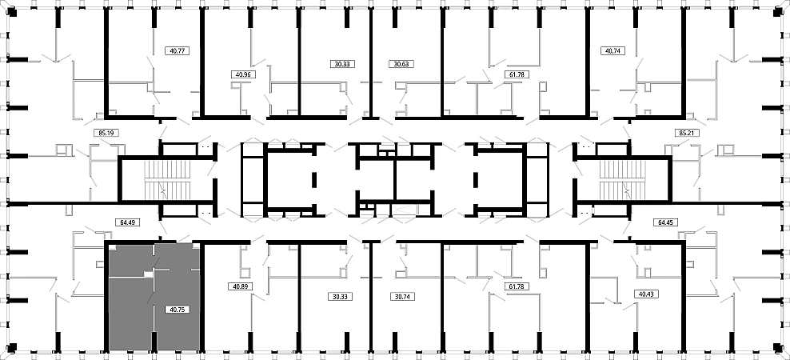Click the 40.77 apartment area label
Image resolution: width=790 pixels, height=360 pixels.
[x=177, y=50]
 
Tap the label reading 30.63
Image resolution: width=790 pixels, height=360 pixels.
[x=401, y=64]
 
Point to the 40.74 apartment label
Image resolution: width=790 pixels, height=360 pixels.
[x=612, y=50]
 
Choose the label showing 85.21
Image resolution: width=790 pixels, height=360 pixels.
[x=686, y=134]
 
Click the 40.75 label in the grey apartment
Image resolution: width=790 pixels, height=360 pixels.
[x=177, y=310]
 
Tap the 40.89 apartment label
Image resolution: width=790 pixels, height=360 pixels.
[x=239, y=286]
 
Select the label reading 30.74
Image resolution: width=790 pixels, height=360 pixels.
[x=401, y=297]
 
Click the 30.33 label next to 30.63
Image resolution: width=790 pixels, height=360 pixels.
[x=343, y=64]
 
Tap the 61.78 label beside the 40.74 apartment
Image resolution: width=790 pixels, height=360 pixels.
[x=516, y=74]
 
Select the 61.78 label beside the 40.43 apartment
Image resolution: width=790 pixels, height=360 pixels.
[x=516, y=286]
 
